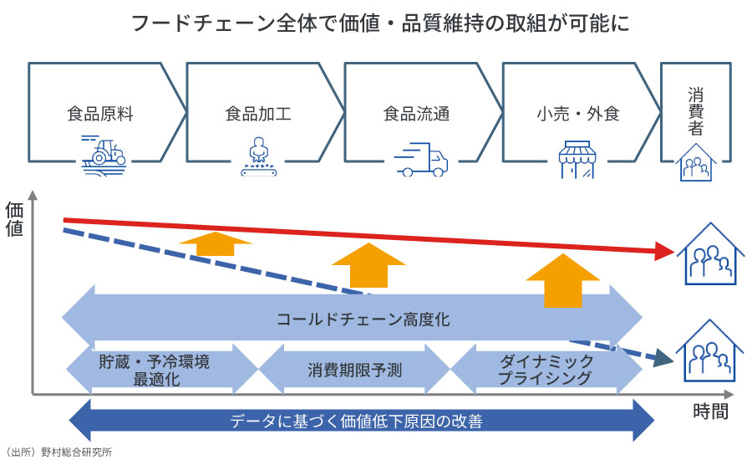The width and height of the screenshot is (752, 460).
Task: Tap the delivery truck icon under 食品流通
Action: [423, 158]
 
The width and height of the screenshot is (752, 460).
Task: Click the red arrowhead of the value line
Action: [665, 250]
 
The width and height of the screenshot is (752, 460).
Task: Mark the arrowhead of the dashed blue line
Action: [665, 358]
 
